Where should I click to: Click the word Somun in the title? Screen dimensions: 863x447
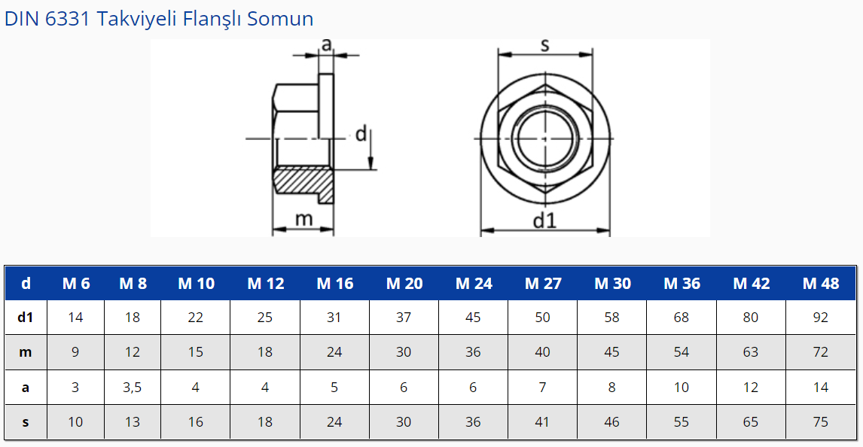(280, 19)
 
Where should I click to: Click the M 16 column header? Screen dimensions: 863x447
(334, 284)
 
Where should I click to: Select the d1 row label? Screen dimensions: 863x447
(26, 318)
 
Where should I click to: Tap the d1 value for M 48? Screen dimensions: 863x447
(820, 318)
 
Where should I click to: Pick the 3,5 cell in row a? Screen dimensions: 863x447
(132, 388)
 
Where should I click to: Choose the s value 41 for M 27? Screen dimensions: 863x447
(542, 421)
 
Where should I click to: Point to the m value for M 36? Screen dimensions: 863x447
(682, 352)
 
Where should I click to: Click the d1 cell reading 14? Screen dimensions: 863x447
(75, 318)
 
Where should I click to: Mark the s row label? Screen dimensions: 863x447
(26, 422)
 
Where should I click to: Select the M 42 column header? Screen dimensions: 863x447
(751, 284)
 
